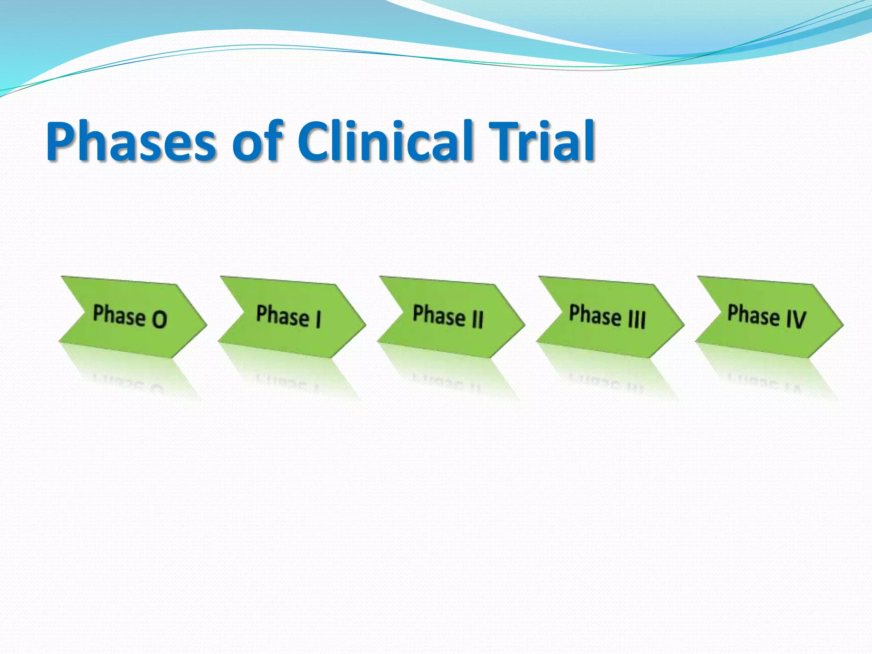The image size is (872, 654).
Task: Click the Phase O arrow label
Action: pos(130,316)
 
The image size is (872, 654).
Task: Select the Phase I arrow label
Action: pos(289,316)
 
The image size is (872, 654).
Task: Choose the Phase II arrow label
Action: pos(448,316)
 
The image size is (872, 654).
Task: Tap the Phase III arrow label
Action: pos(607,316)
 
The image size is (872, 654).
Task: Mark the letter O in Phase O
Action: pos(159,319)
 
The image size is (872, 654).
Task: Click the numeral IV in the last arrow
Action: pos(796,319)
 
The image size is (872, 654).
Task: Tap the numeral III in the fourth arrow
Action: pos(637,319)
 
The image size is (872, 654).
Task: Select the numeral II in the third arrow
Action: pos(478,319)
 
